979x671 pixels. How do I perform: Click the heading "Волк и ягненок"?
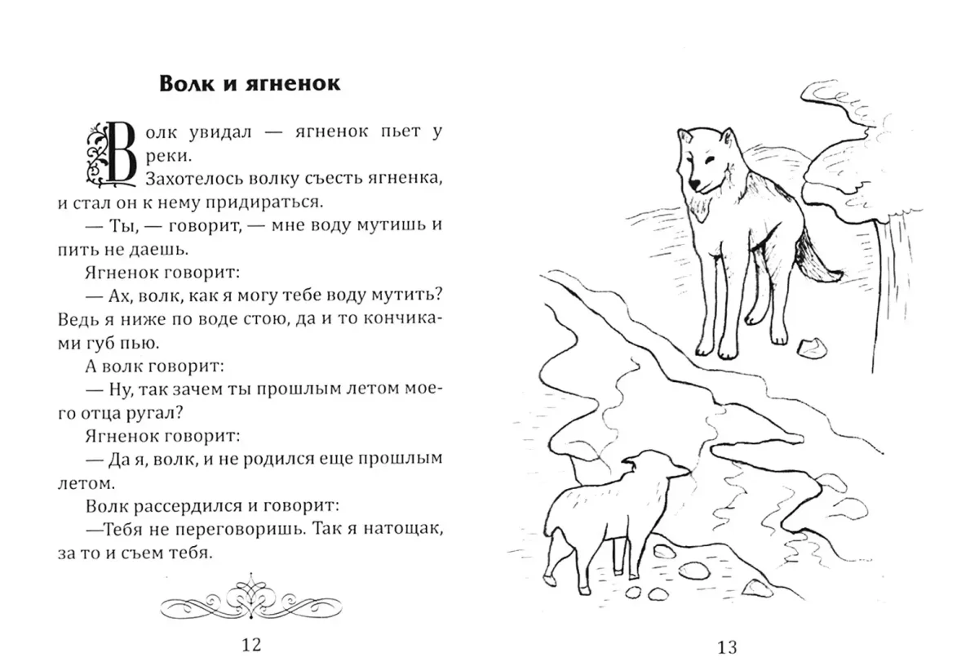[249, 84]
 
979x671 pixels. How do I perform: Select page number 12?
[251, 645]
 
